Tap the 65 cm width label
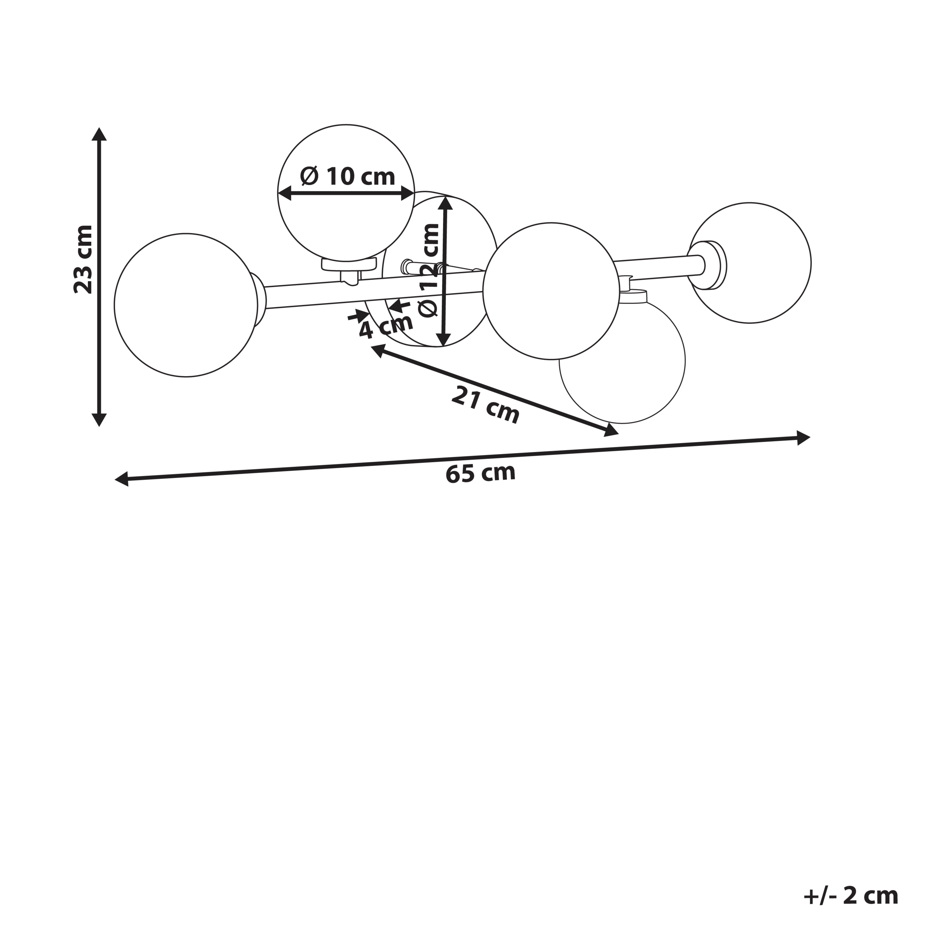tap(480, 473)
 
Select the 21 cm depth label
tap(485, 405)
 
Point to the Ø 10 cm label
tap(348, 176)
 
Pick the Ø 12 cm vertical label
tap(429, 270)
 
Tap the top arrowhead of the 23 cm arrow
tap(99, 134)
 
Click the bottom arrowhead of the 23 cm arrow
tap(99, 420)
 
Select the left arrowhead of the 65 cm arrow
tap(122, 479)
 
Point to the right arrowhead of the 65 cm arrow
tap(803, 438)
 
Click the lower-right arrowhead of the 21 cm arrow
tap(611, 430)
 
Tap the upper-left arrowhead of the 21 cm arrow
tap(378, 351)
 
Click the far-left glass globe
tap(186, 305)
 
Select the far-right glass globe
tap(750, 262)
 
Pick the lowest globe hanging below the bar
tap(623, 361)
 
